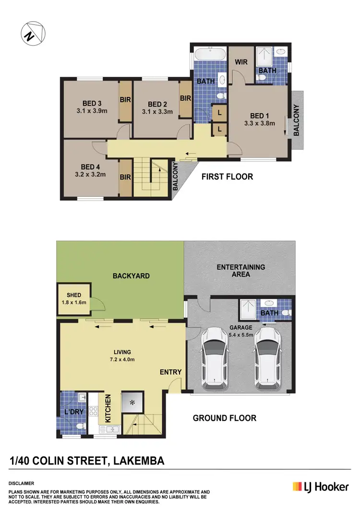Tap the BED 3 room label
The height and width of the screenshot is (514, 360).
click(x=92, y=103)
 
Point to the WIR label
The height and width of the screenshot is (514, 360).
click(x=240, y=62)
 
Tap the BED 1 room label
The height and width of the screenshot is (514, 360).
click(x=259, y=116)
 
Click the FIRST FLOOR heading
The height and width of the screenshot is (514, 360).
click(x=227, y=177)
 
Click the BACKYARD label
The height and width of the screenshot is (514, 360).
click(x=131, y=276)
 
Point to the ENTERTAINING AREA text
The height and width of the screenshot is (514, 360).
click(x=240, y=271)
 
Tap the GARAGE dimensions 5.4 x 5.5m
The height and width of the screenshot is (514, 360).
click(x=240, y=335)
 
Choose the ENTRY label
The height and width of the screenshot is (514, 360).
click(x=170, y=372)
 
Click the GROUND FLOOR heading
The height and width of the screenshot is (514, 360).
click(x=224, y=418)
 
